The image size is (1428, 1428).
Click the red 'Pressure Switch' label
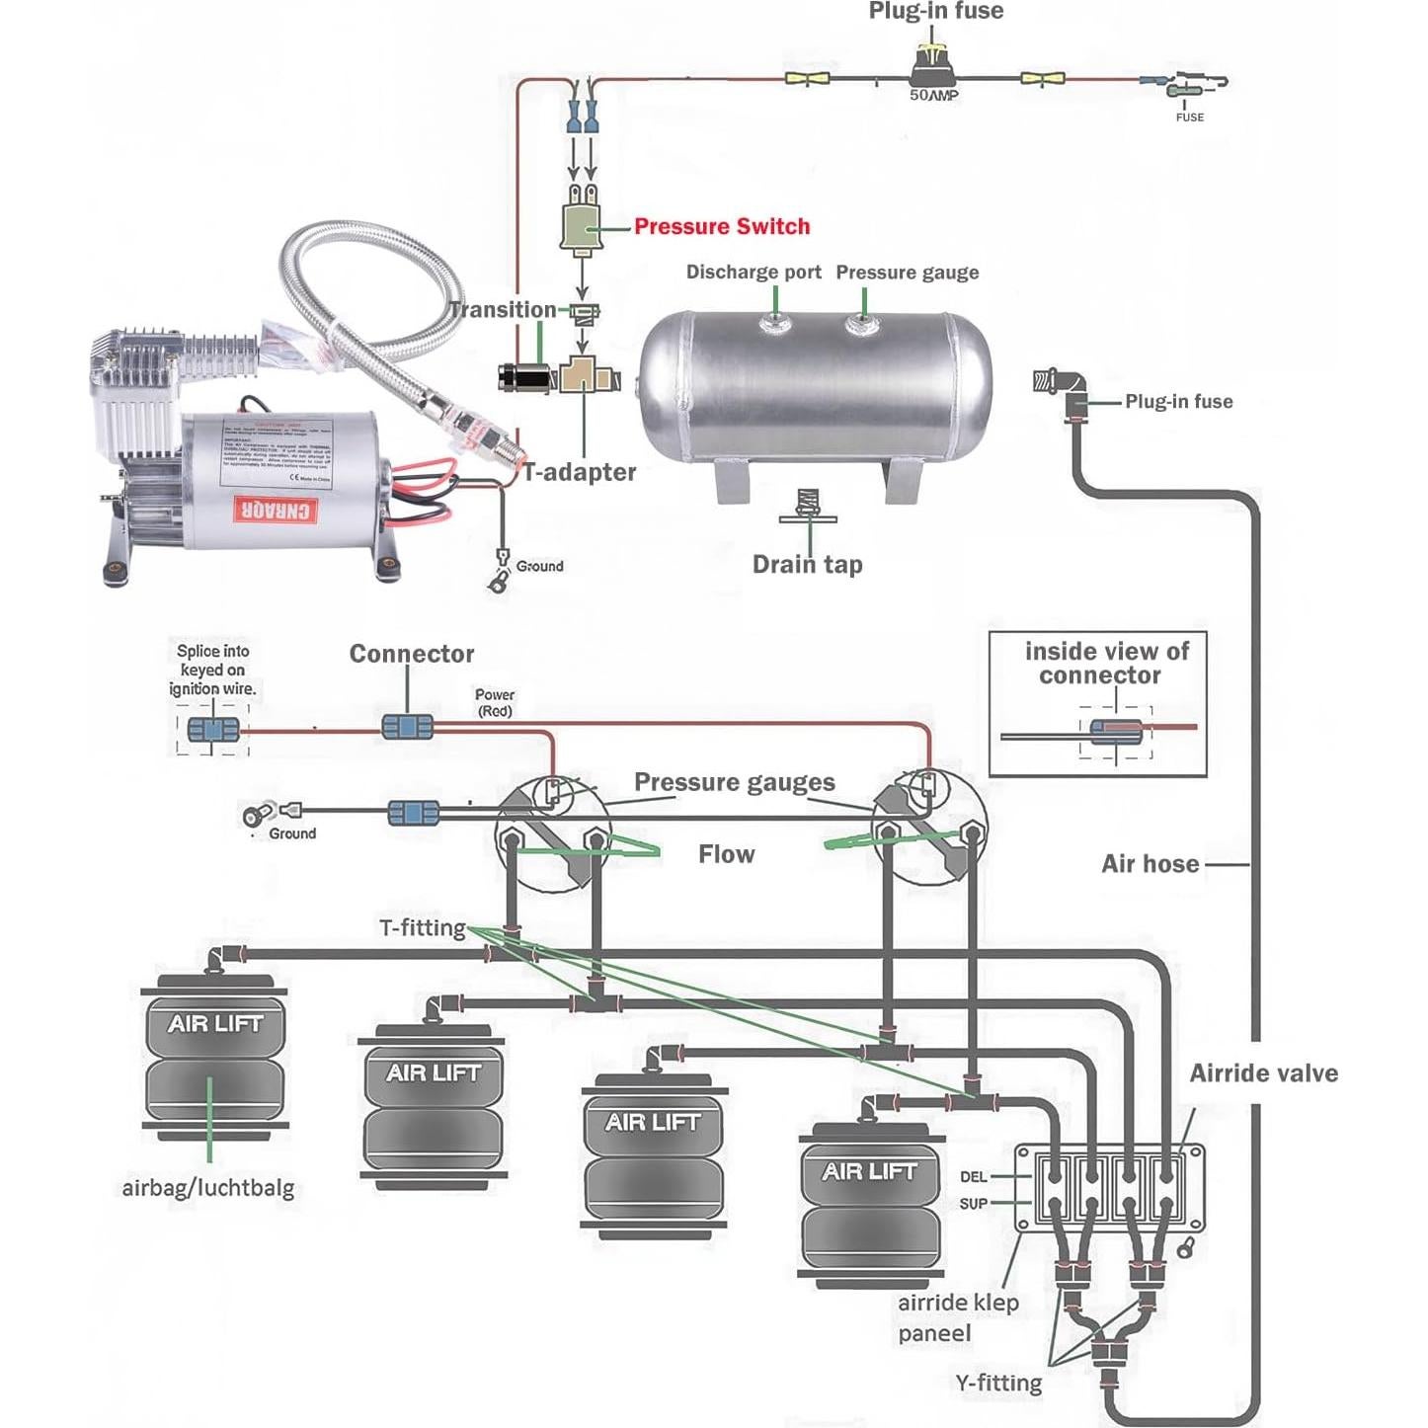click(721, 226)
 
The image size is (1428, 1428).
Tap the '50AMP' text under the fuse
click(933, 96)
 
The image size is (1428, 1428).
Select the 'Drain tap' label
click(807, 564)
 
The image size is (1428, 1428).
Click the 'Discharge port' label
click(754, 272)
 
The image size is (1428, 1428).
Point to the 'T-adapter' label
click(580, 472)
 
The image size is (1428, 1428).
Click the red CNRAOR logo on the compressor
click(276, 510)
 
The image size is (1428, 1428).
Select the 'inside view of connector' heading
click(1105, 663)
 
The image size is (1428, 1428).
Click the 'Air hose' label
click(1150, 864)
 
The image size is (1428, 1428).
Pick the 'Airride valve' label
click(1263, 1073)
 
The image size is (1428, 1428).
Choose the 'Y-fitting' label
click(998, 1383)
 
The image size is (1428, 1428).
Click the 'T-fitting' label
click(422, 927)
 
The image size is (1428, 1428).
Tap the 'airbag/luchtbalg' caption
click(207, 1187)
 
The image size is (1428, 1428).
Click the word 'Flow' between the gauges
click(726, 854)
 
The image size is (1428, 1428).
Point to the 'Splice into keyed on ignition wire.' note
click(212, 670)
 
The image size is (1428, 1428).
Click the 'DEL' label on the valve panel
click(973, 1177)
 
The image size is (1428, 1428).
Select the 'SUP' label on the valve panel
click(973, 1204)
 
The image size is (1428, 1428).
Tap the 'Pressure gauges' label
click(734, 782)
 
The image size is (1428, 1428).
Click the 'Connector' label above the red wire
click(411, 654)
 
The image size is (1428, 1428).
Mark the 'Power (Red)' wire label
click(495, 702)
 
